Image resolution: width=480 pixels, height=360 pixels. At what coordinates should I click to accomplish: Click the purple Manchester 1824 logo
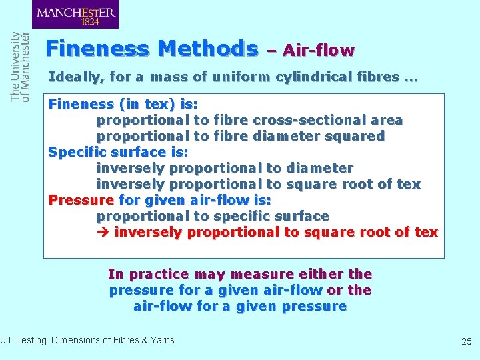pos(75,14)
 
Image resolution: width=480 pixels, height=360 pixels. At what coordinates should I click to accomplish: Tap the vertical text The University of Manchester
pos(20,67)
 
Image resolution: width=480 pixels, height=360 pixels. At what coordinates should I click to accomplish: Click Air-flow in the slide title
pos(319,50)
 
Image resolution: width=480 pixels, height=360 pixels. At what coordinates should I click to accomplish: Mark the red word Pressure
pos(81,200)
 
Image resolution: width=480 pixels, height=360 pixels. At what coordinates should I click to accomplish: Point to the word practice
pos(160,274)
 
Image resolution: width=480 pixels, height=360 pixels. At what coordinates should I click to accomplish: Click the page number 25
pos(466,341)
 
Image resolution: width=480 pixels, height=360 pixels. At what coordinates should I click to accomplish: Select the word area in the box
pos(387,120)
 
